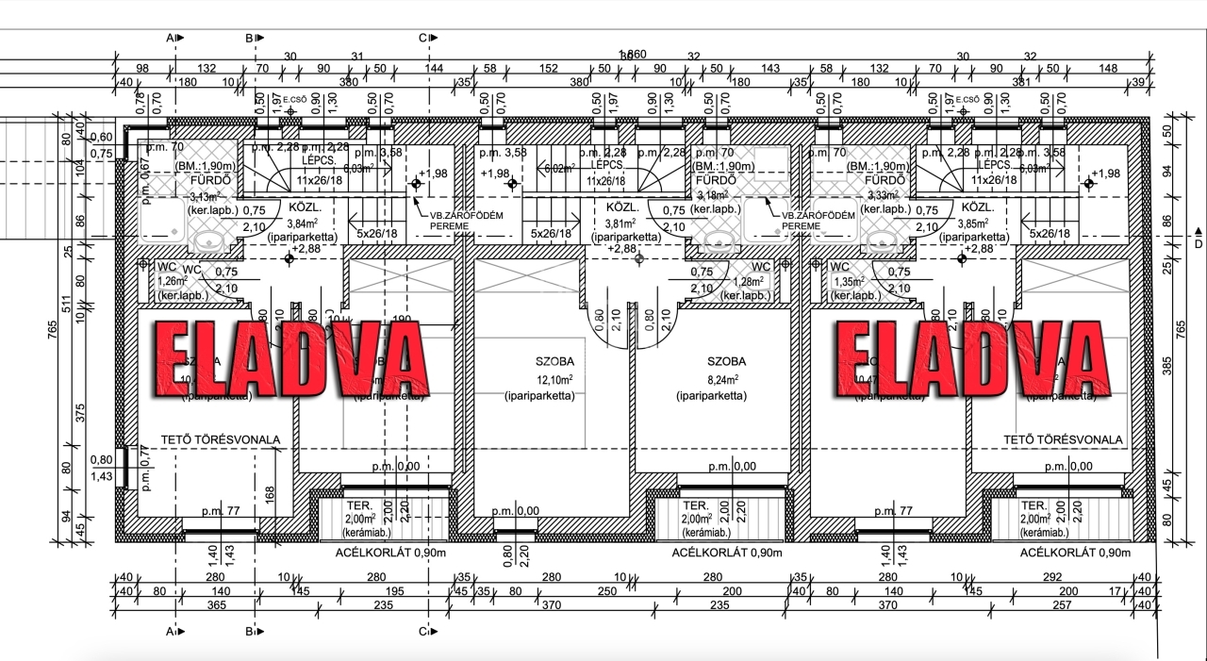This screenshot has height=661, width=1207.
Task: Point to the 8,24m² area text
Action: [725, 379]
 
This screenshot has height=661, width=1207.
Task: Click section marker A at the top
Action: [174, 38]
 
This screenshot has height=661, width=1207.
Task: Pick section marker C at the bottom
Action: [425, 631]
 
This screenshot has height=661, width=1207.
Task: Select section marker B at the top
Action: [252, 38]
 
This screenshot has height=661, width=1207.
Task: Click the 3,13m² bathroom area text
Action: [204, 197]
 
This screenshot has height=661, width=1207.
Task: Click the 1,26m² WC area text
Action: [173, 280]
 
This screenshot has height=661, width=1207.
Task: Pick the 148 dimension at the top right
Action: [1108, 68]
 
